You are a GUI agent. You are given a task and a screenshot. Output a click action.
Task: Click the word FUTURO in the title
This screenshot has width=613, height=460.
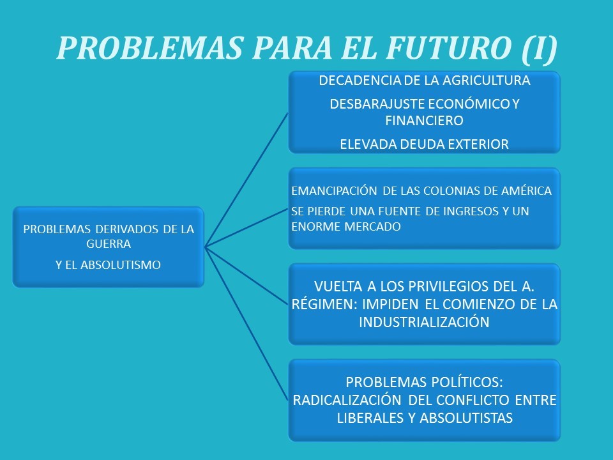tap(448, 48)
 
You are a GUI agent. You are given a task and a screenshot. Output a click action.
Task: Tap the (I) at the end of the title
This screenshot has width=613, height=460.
tap(539, 49)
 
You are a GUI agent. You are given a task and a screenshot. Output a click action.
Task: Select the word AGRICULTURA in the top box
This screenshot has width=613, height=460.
tap(487, 80)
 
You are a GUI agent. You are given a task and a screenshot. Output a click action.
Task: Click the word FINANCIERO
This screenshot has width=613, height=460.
tap(424, 121)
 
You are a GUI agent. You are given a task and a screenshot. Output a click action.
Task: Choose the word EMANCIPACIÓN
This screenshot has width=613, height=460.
tap(334, 190)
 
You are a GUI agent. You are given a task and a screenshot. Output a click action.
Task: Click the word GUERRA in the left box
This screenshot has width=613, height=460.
tap(109, 244)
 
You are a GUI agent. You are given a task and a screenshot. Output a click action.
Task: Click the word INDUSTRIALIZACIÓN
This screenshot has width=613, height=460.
tap(424, 322)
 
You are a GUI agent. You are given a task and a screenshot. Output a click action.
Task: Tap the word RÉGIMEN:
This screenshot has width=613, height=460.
tap(324, 304)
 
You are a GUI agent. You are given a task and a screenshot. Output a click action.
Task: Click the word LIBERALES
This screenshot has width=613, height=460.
tap(371, 418)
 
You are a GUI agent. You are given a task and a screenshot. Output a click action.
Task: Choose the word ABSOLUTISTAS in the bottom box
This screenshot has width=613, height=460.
tap(466, 418)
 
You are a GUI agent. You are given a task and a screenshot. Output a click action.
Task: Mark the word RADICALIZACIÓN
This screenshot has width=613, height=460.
tap(347, 400)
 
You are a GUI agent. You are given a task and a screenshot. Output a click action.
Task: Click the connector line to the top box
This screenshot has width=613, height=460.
tap(246, 180)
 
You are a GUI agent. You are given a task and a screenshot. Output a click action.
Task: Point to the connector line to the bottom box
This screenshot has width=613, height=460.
tap(246, 324)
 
